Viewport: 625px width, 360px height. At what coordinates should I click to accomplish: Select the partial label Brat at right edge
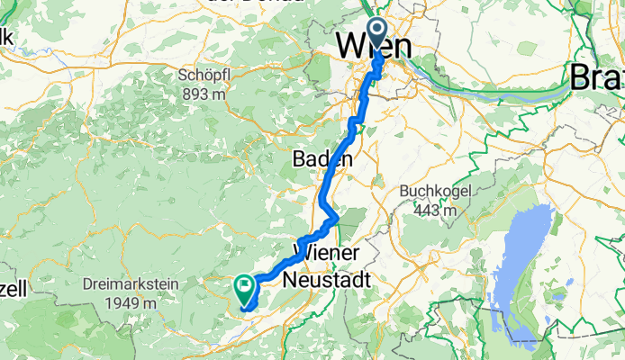[597, 78]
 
